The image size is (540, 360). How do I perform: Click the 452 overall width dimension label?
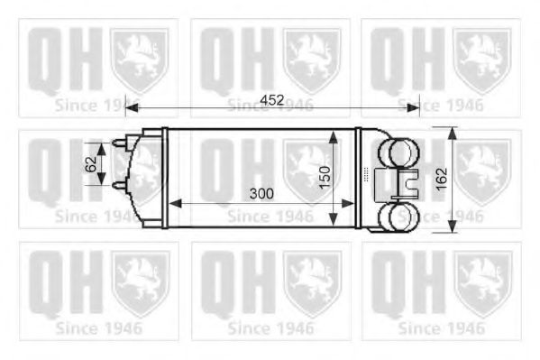(x=273, y=100)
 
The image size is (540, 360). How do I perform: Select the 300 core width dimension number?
(x=262, y=193)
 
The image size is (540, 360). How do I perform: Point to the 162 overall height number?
(x=441, y=180)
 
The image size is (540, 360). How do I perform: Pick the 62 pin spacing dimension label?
(x=91, y=163)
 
